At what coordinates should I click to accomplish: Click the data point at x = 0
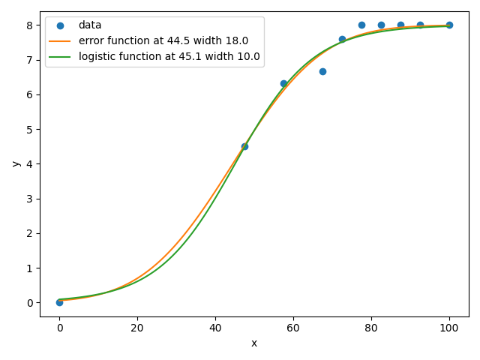point(59,302)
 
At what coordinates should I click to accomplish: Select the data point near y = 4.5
point(244,146)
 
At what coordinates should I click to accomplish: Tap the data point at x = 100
point(449,25)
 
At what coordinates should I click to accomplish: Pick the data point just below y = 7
point(322,71)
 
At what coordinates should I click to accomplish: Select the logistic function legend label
point(169,56)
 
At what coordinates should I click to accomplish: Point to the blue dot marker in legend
point(60,25)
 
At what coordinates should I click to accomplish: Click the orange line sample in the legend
point(60,40)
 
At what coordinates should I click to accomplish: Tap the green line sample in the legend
point(60,56)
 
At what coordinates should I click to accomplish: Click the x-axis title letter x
point(254,343)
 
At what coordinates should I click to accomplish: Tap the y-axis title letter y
point(14,163)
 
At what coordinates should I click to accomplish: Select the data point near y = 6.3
point(283,83)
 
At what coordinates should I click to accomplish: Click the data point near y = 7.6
point(342,39)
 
